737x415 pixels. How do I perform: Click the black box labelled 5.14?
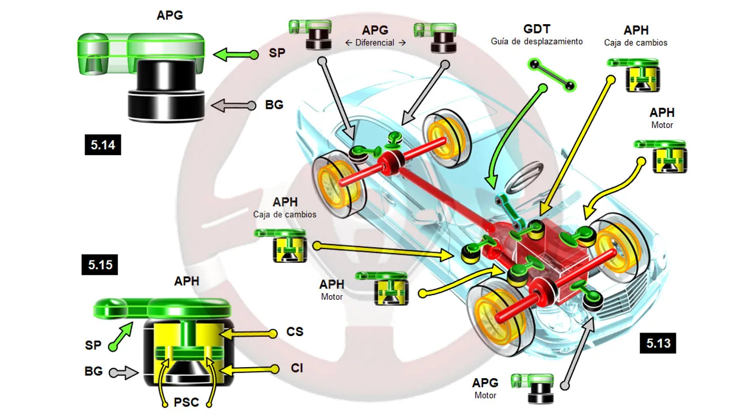point(102,145)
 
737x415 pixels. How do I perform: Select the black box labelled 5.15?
point(100,265)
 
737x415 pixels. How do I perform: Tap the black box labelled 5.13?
point(658,343)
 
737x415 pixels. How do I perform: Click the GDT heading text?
point(537,29)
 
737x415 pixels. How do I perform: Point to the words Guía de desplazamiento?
point(537,41)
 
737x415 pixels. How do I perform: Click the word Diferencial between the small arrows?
point(375,43)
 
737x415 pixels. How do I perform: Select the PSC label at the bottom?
point(186,402)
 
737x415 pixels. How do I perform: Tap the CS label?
point(294,331)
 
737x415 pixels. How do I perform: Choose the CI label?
point(297,368)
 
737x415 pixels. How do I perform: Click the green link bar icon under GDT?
point(552,75)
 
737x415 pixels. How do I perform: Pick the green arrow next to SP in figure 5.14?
point(235,55)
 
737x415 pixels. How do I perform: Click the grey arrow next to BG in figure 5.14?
point(233,105)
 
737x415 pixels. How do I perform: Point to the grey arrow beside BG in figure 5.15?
point(124,373)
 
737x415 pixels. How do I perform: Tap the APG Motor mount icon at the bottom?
point(533,388)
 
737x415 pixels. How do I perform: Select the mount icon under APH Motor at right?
point(660,156)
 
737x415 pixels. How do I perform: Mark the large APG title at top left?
point(170,15)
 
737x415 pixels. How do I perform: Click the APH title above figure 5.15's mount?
point(187,281)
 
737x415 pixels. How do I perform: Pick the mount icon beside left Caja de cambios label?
point(280,246)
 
